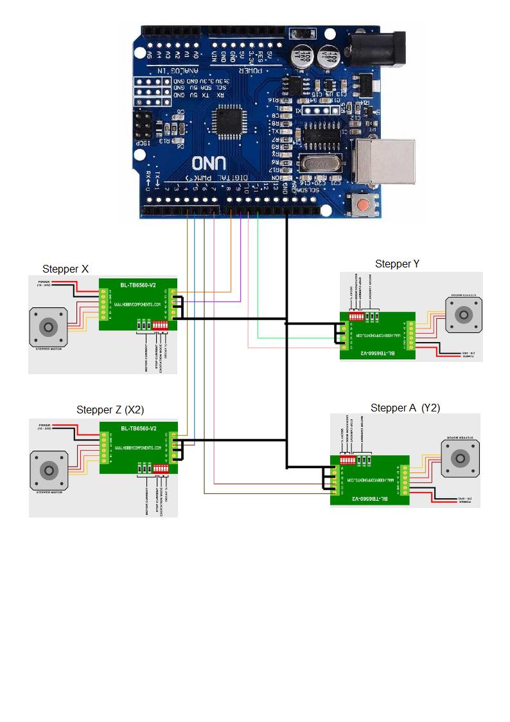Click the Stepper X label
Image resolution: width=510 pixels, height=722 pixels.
(x=66, y=269)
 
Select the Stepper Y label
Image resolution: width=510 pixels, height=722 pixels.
(x=397, y=264)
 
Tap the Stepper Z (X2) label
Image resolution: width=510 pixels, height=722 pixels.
(x=110, y=410)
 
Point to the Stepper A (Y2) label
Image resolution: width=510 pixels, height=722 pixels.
(x=405, y=408)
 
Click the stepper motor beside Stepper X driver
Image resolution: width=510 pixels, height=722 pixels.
(x=49, y=327)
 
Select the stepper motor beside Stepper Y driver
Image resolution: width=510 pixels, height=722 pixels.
(x=462, y=315)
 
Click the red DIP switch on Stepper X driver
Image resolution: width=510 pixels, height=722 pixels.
(x=161, y=326)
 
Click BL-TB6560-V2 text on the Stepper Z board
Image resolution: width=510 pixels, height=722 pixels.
(x=138, y=428)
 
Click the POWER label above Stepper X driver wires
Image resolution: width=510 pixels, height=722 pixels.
(x=44, y=282)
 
